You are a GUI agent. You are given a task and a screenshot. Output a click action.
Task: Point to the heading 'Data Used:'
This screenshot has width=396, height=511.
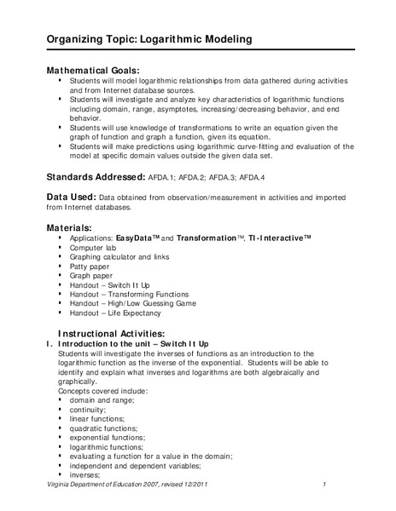[76, 197]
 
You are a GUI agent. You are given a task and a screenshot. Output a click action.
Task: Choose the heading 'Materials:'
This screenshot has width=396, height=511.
[74, 227]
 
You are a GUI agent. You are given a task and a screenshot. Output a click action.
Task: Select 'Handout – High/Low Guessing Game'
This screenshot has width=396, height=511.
[133, 303]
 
